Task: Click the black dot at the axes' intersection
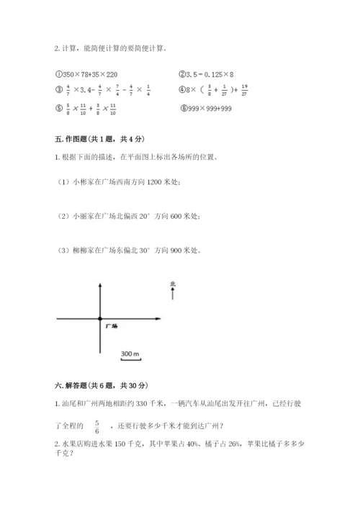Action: (100, 317)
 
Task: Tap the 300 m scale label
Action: (130, 354)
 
